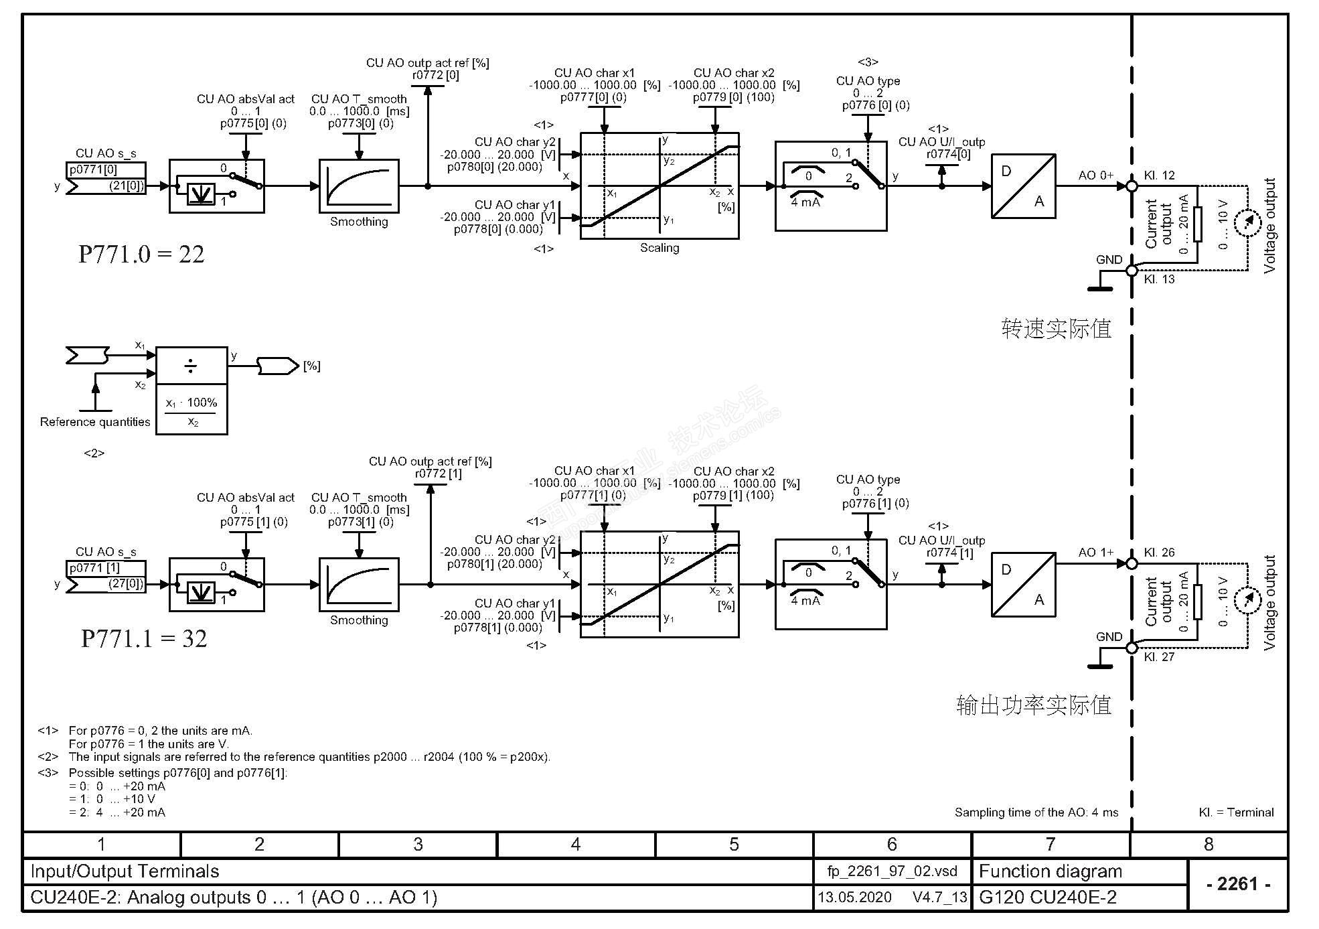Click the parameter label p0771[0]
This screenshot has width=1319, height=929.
93,169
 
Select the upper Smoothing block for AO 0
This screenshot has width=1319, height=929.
359,186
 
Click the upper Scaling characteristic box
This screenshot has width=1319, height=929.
659,186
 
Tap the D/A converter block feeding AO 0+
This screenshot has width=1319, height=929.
1023,186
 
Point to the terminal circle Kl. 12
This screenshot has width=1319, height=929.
1132,186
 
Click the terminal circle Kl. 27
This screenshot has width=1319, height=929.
1132,648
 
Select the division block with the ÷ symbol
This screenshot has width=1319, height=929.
191,366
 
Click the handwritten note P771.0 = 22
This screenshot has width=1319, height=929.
141,255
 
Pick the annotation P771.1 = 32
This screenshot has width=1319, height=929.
144,639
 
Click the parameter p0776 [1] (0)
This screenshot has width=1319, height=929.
875,503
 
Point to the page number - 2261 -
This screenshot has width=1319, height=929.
1238,884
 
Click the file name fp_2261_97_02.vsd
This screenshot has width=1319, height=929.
892,871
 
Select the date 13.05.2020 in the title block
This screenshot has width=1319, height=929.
855,898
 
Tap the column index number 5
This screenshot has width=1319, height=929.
734,845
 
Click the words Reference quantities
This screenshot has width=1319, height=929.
95,422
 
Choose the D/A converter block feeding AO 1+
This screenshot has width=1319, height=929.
1023,585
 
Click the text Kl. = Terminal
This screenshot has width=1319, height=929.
1236,812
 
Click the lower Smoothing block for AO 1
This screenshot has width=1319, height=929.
359,585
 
